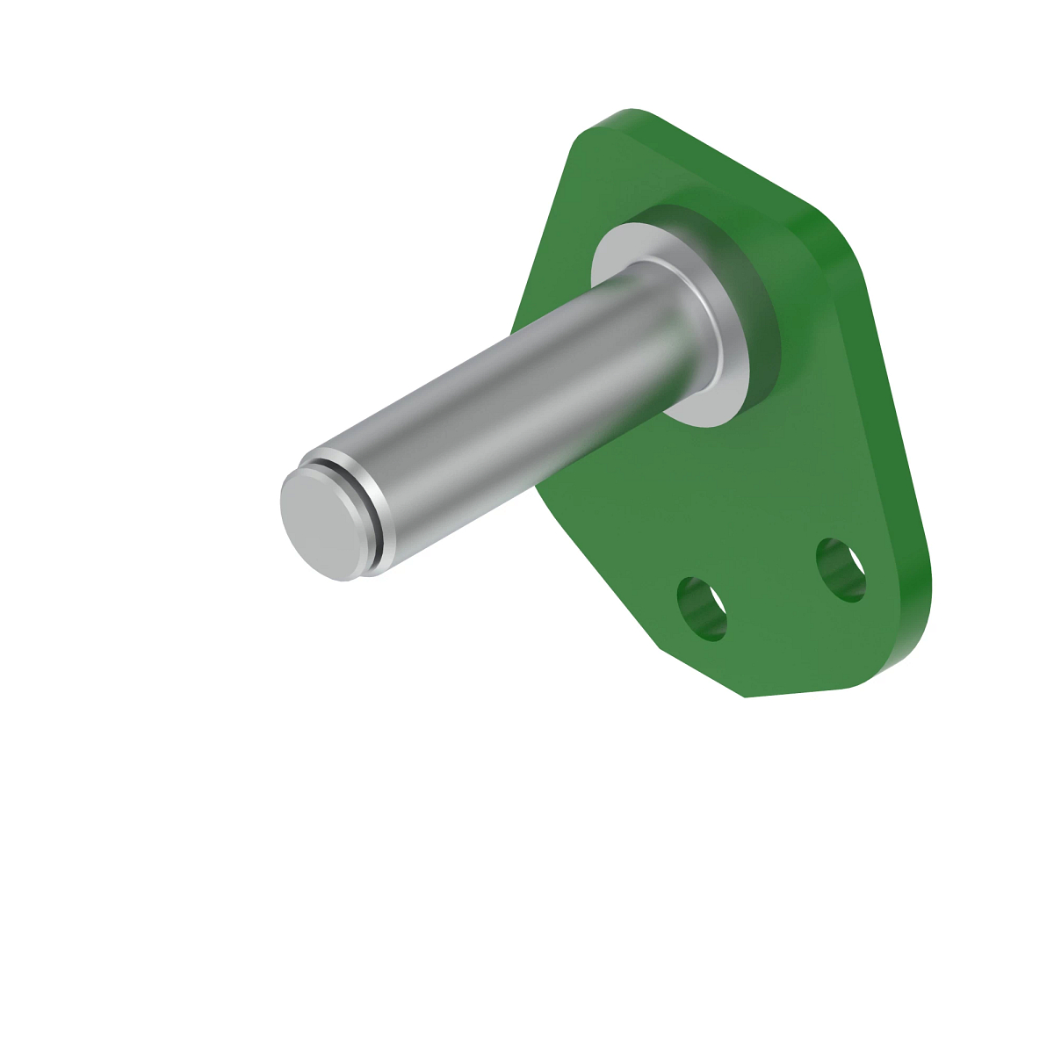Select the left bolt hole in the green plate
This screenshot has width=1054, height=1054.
pyautogui.click(x=702, y=609)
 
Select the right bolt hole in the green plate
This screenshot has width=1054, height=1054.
pyautogui.click(x=841, y=570)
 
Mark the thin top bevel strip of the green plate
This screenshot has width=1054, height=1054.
pyautogui.click(x=729, y=162)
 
